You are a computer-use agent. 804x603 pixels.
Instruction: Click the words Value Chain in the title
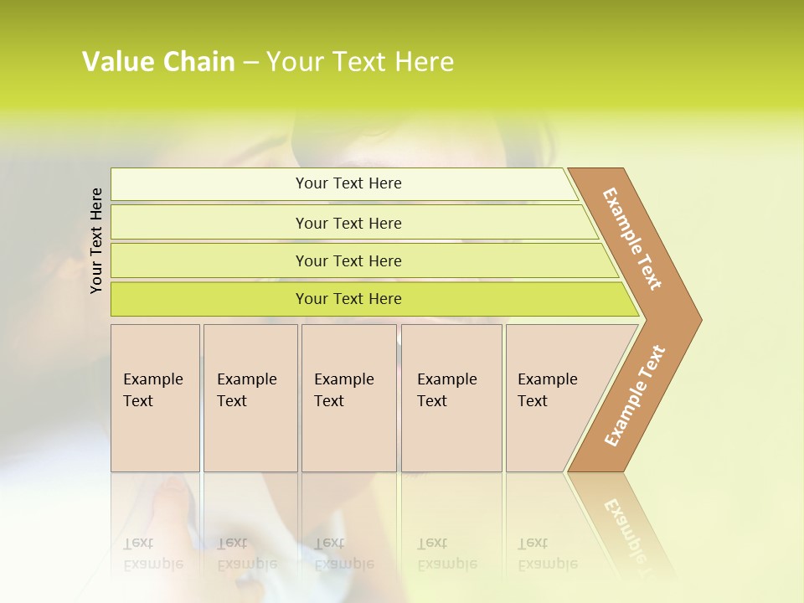click(158, 62)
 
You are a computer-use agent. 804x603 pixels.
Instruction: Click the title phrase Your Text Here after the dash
click(360, 62)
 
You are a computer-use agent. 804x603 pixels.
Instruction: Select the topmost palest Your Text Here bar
click(348, 183)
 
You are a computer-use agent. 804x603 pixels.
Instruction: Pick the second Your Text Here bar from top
click(348, 223)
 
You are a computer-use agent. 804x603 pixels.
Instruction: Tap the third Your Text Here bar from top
click(348, 260)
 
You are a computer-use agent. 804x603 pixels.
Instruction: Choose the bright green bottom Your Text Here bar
click(348, 299)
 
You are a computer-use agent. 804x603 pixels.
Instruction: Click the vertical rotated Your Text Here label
click(96, 241)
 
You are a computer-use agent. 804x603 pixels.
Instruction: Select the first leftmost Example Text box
click(155, 398)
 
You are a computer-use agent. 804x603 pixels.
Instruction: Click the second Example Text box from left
click(250, 398)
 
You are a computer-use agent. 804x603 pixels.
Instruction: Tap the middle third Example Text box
click(348, 398)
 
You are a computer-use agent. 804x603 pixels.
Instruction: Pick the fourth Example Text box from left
click(451, 398)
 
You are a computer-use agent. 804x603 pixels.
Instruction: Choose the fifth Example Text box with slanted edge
click(553, 398)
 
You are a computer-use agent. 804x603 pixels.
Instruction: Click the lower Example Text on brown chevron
click(635, 395)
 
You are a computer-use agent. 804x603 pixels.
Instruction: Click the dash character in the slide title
click(250, 63)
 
